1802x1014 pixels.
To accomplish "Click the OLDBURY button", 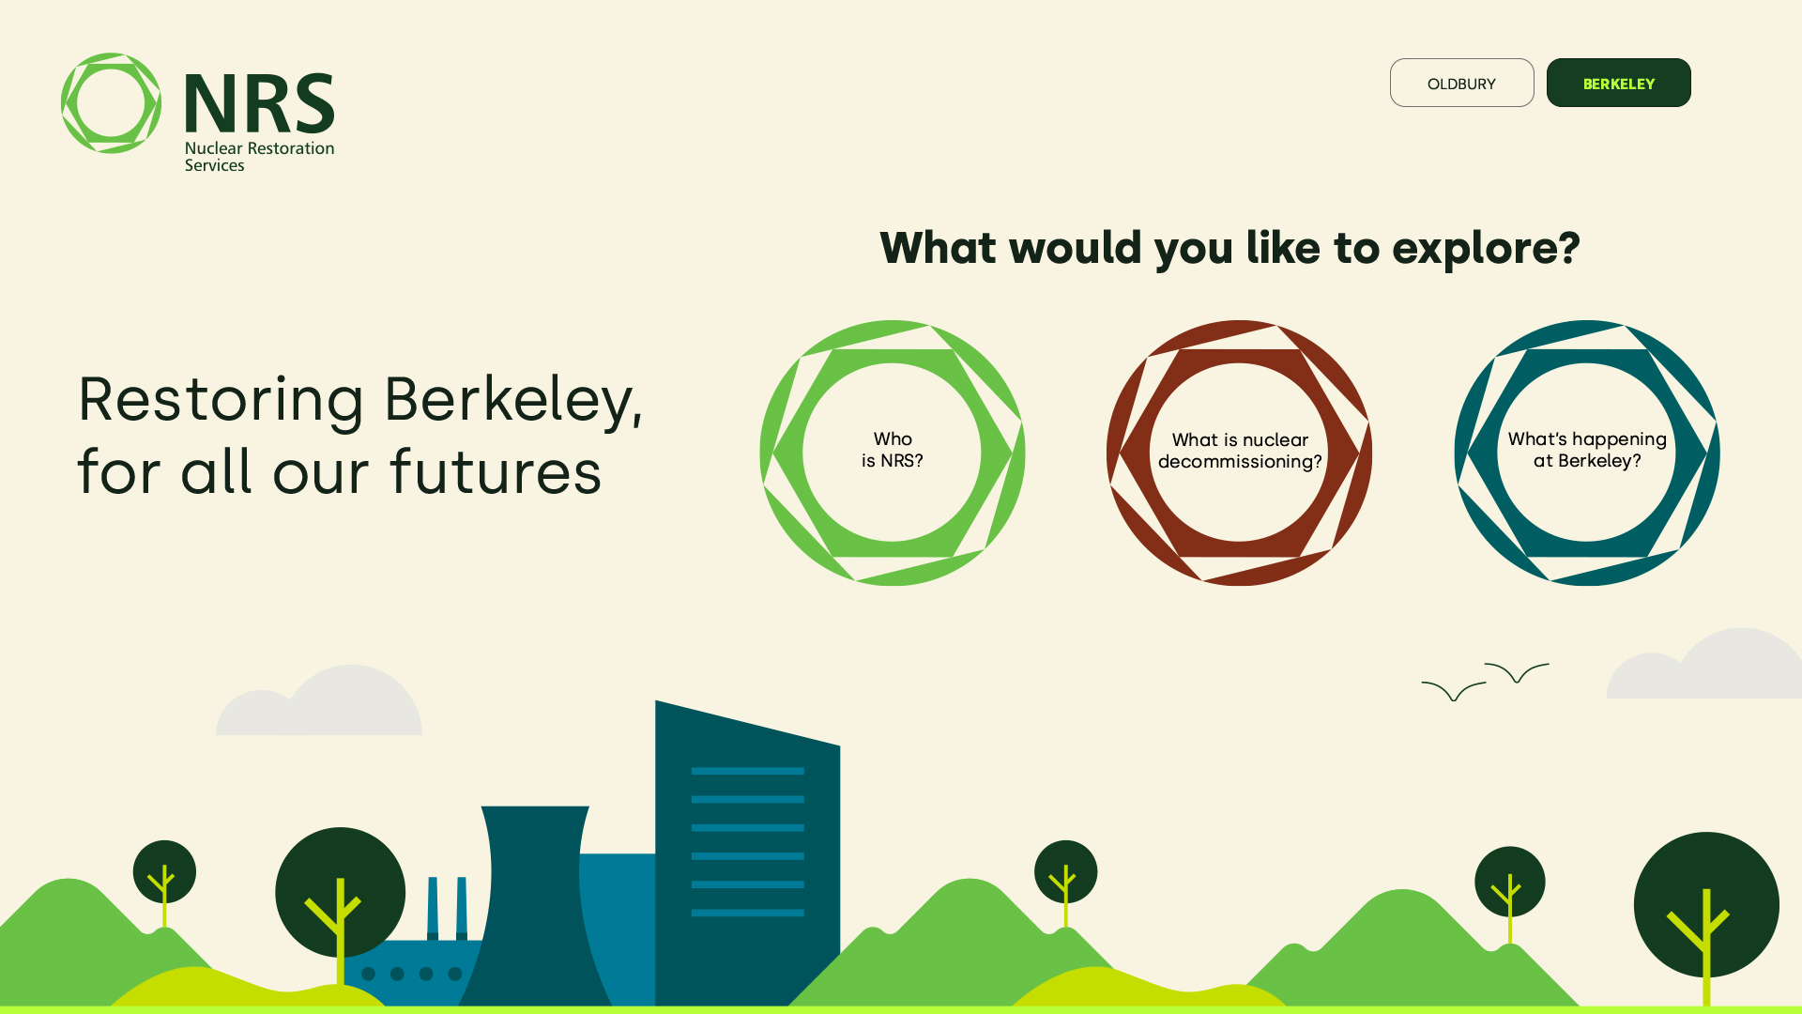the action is (1461, 83).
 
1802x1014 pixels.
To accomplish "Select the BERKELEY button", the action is (1618, 83).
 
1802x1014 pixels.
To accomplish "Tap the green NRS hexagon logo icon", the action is (111, 103).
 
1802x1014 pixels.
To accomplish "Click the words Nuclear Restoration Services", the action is (259, 156).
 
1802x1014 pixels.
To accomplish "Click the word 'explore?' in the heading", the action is (1486, 249).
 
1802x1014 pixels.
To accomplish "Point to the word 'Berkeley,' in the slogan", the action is (513, 400).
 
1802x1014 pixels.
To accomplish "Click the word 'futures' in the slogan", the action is (496, 471).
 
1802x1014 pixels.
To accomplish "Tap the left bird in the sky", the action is (1454, 690).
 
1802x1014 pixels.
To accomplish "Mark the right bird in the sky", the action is (1517, 671).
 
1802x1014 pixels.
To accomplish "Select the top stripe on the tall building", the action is (747, 771).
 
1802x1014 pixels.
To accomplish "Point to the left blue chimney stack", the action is (433, 908).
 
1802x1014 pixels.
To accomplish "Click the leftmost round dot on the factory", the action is (369, 974).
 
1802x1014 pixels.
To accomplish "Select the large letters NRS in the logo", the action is (259, 103).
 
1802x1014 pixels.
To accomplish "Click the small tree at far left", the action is (164, 873).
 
